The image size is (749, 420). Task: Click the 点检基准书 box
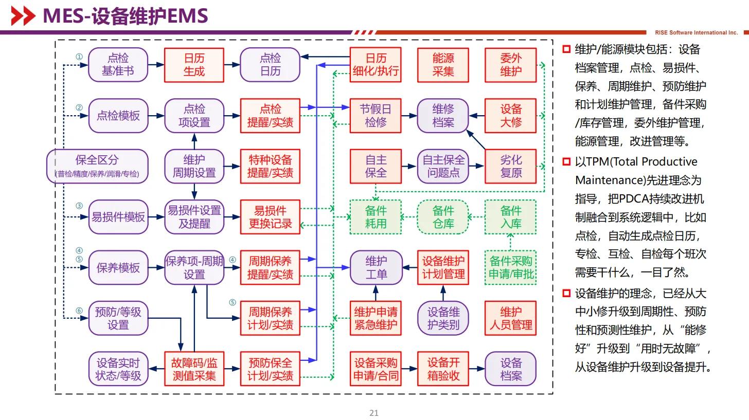[118, 65]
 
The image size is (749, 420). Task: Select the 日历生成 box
[194, 65]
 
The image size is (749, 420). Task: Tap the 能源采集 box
[443, 65]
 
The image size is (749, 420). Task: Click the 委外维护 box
[511, 65]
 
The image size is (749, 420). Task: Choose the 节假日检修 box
[376, 116]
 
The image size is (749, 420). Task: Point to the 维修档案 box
[443, 116]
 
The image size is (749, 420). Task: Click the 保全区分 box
[97, 166]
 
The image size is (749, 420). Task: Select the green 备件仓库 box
[443, 217]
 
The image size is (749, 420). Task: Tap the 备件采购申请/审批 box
[511, 267]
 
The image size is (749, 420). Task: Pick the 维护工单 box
[376, 267]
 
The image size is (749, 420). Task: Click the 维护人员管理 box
[511, 318]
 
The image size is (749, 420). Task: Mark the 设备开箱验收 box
[443, 369]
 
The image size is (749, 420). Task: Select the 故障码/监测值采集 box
[194, 369]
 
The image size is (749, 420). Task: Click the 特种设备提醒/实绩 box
[270, 166]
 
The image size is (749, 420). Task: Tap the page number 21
[374, 413]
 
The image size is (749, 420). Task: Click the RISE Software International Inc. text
[696, 32]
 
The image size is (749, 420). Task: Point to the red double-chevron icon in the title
[23, 16]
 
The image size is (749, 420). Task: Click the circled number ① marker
[79, 57]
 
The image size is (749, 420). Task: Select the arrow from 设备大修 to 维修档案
[477, 116]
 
